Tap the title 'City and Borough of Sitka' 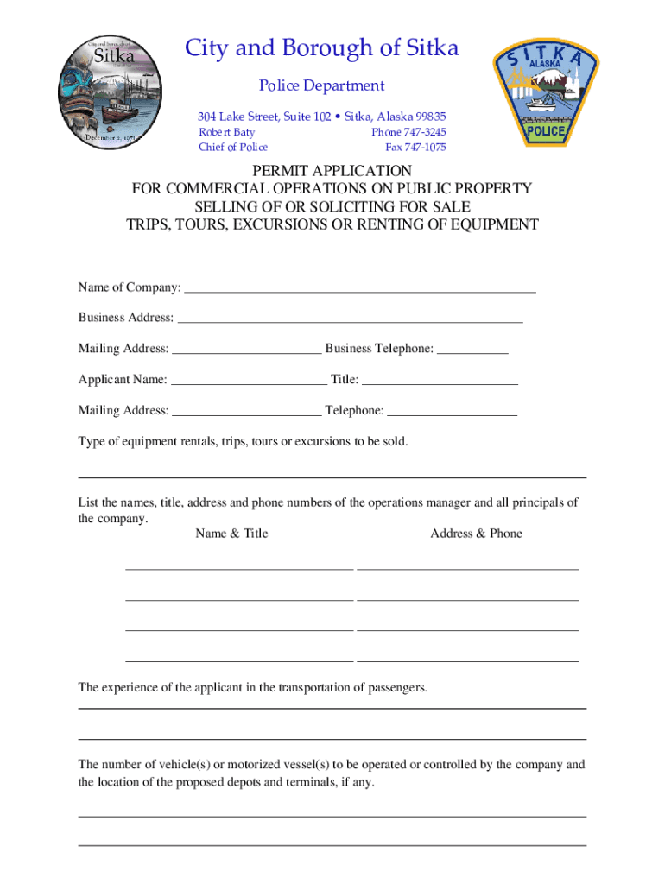click(x=321, y=48)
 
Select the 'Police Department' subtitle click(x=322, y=85)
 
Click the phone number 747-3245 click(x=408, y=132)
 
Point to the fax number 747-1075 click(x=415, y=147)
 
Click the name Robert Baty click(x=226, y=132)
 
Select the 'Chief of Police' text click(x=233, y=147)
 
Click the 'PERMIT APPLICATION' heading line click(x=332, y=171)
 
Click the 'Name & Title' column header click(x=231, y=534)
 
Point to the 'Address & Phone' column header click(x=476, y=534)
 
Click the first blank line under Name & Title click(x=239, y=567)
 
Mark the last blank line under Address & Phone click(x=467, y=659)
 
